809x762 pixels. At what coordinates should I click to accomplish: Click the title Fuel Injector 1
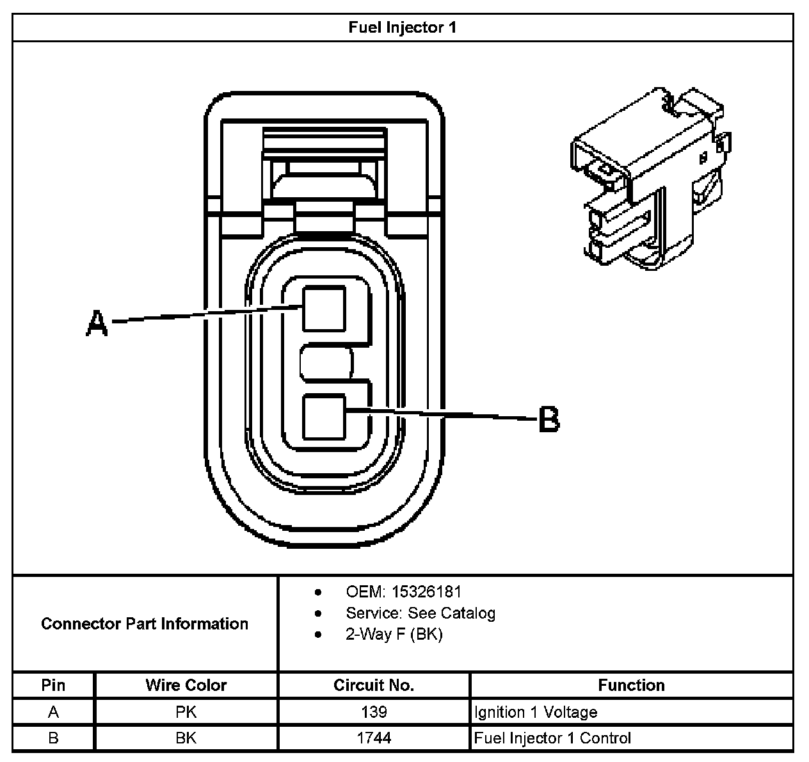(403, 28)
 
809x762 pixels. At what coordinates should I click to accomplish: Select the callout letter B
(549, 419)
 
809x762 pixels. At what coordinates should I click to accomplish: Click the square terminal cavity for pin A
(324, 309)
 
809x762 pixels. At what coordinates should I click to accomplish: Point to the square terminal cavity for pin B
(324, 417)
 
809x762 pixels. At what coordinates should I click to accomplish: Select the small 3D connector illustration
(649, 179)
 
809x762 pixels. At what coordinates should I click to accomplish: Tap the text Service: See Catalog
(421, 613)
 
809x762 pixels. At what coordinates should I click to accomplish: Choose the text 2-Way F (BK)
(394, 635)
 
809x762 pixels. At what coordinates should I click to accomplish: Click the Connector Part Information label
(145, 624)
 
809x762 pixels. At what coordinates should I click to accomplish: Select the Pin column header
(53, 685)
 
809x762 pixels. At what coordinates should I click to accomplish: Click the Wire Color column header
(186, 685)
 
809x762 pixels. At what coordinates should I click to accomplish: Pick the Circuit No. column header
(374, 685)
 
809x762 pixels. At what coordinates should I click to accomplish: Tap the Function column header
(631, 685)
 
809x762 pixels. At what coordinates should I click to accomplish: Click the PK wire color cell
(186, 712)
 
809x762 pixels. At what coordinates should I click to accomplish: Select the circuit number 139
(374, 712)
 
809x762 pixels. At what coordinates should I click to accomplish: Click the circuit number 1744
(374, 738)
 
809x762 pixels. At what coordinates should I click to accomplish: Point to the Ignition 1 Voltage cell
(536, 712)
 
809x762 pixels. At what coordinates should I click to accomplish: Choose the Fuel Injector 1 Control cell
(552, 738)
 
